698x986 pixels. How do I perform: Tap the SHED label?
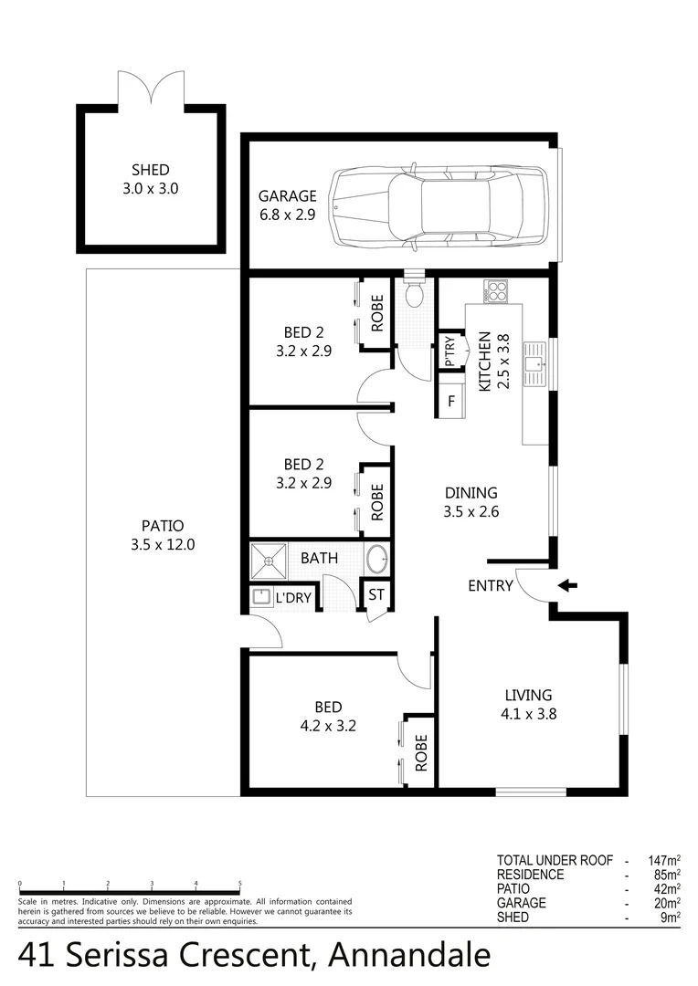click(151, 170)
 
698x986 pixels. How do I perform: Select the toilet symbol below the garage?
click(414, 293)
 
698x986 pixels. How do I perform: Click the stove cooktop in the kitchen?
click(496, 292)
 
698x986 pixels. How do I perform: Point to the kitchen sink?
click(534, 363)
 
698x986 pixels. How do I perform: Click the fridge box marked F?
click(450, 401)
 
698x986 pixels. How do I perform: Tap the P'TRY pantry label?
click(449, 351)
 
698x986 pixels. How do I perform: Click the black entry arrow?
click(567, 586)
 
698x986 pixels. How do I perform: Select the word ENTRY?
click(491, 586)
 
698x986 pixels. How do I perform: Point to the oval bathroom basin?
click(376, 558)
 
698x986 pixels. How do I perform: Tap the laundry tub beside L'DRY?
click(259, 597)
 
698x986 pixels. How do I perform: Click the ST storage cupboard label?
click(376, 595)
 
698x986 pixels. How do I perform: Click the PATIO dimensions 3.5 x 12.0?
click(164, 545)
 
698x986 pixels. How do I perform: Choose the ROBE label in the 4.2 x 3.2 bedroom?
click(420, 753)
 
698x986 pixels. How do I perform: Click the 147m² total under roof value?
click(661, 860)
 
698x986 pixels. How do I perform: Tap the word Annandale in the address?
click(408, 955)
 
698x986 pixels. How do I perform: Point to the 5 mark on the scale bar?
click(239, 884)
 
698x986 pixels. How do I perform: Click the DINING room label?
click(471, 493)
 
